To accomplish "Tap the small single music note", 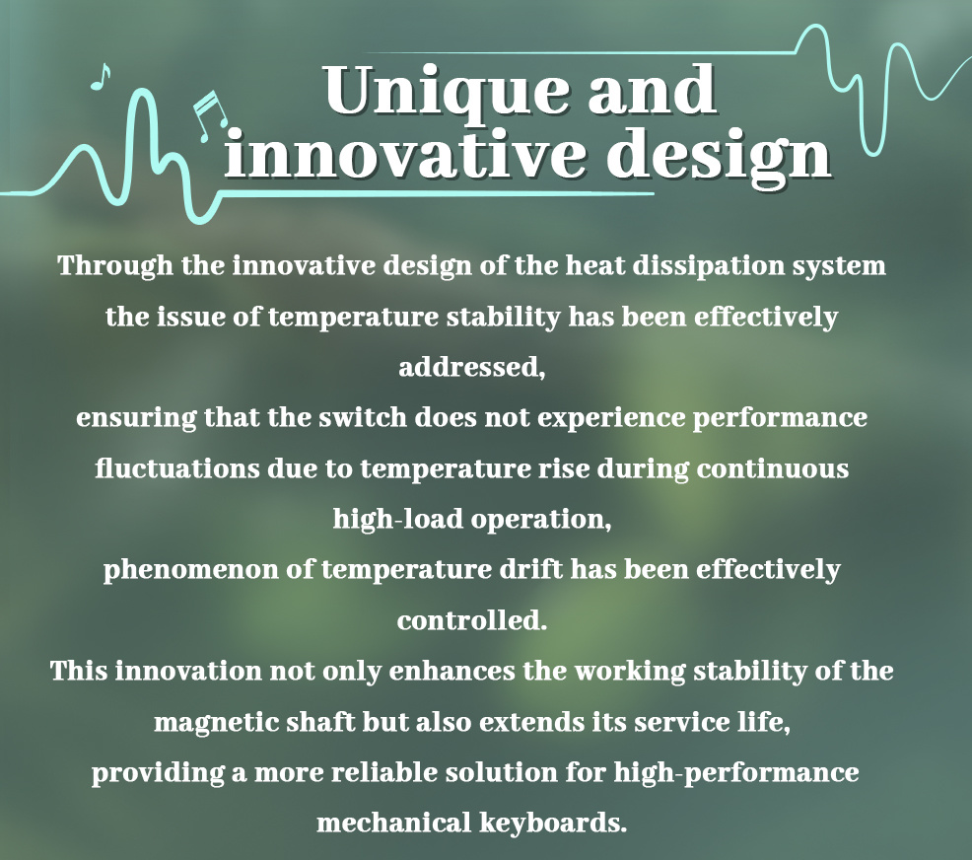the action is click(x=101, y=77).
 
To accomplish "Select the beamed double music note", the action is click(x=209, y=116).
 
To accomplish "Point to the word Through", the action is click(x=115, y=266).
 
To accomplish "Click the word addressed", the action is click(x=472, y=367).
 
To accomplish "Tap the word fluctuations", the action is click(x=177, y=468).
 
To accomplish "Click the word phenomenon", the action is click(x=191, y=571).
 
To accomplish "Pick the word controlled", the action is click(x=472, y=620).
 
